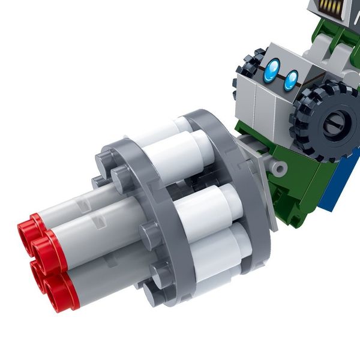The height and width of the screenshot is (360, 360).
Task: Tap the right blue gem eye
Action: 291,80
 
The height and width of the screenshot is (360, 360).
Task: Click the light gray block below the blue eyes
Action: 264,105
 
